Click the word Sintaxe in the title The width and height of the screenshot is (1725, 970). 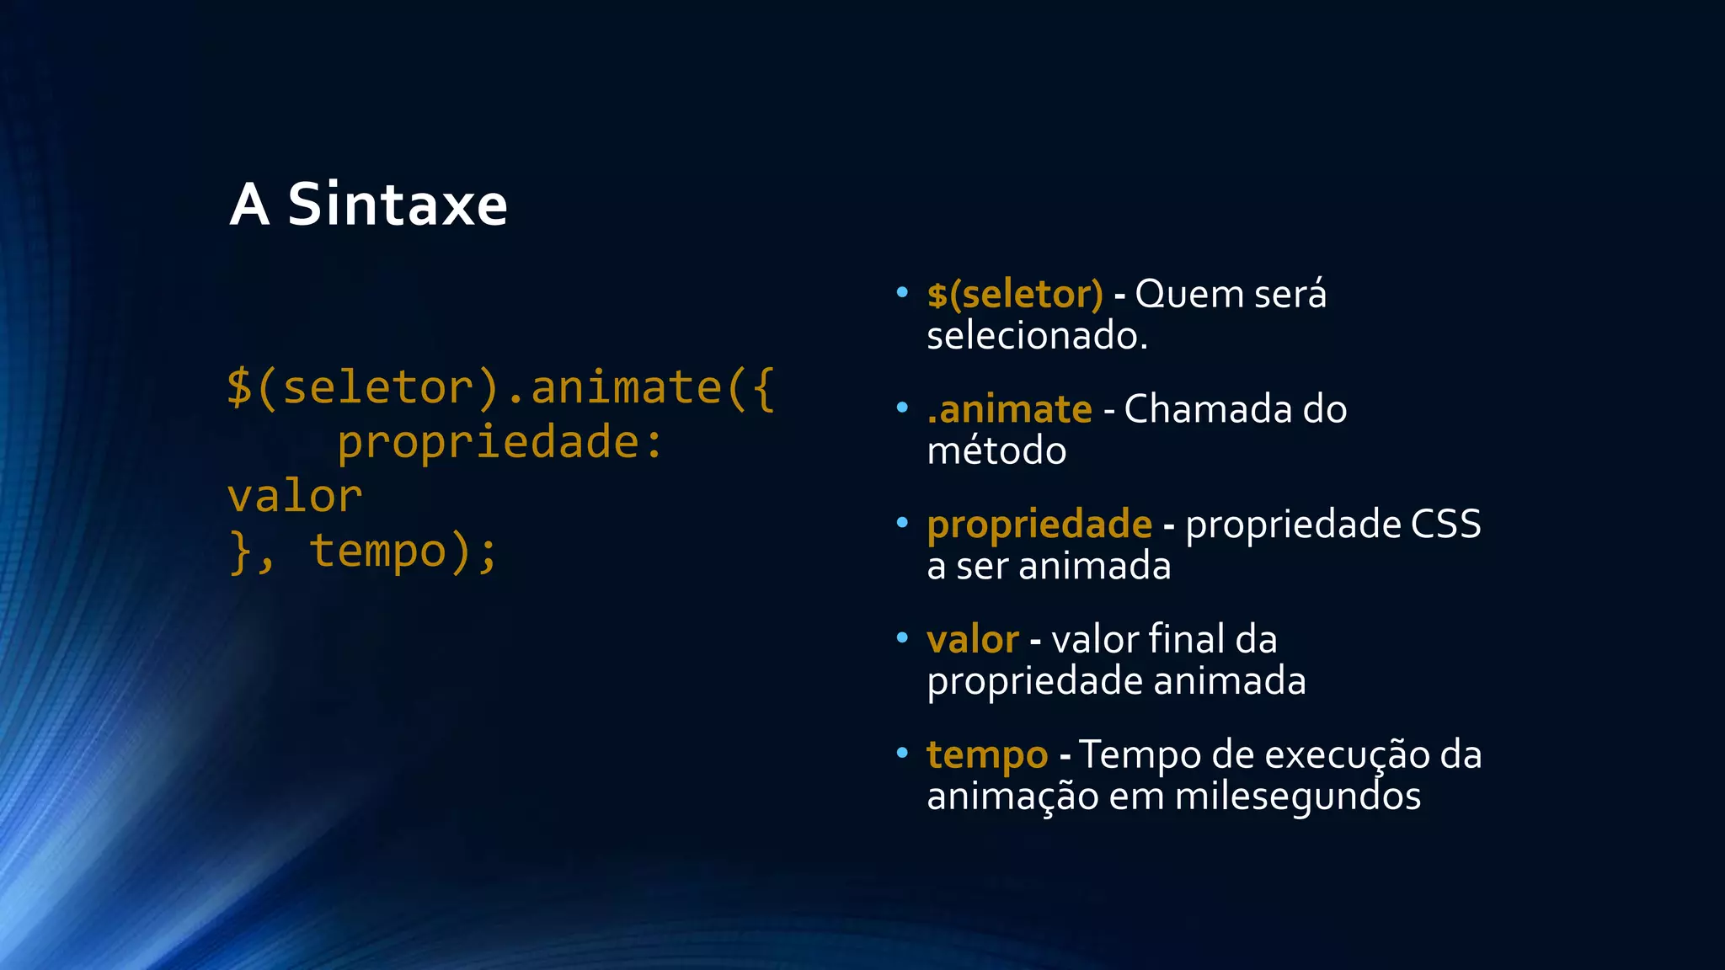[398, 205]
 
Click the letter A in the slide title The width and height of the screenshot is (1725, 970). [249, 205]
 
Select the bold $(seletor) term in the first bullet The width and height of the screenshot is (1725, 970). [1014, 295]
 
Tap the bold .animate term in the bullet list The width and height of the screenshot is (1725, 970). [1009, 410]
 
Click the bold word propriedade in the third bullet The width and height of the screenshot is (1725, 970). [1039, 525]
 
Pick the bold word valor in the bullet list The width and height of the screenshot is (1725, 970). [973, 640]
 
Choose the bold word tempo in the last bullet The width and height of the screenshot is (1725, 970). [987, 755]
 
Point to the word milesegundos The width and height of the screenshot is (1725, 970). [1297, 797]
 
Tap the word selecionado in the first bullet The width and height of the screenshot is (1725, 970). [1037, 336]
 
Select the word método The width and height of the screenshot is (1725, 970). [996, 451]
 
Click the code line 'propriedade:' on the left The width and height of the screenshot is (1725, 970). [500, 443]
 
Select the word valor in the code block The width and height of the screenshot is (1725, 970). [295, 497]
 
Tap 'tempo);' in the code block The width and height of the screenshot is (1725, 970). [404, 552]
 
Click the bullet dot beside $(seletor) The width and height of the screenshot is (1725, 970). [902, 293]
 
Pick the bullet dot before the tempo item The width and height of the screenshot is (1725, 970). [902, 753]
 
